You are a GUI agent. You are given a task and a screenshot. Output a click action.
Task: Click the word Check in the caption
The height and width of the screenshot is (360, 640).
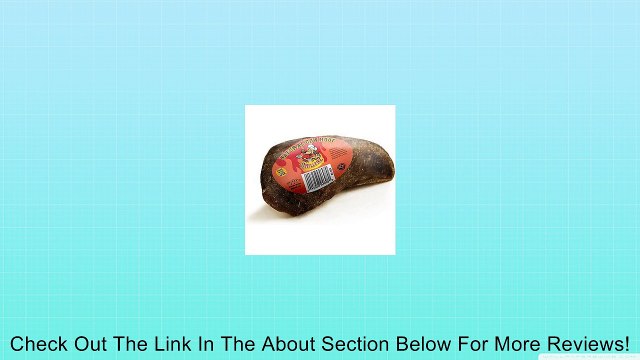(40, 341)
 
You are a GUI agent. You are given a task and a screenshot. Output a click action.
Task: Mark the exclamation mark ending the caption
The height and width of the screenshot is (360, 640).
(626, 341)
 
